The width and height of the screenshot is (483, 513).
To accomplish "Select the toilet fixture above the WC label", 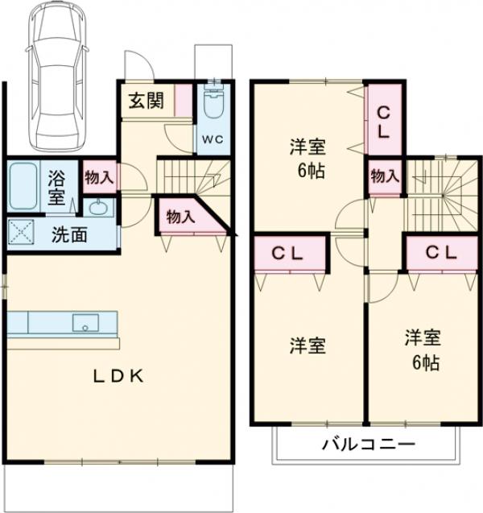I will point(213,105).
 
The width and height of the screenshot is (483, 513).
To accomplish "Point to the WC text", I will point(213,139).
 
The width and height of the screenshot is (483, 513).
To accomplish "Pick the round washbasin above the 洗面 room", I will point(98,208).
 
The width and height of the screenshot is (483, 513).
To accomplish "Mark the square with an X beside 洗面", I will point(23,234).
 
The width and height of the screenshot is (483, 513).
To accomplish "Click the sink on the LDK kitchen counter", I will point(84,323).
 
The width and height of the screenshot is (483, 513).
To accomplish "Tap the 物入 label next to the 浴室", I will point(99,178).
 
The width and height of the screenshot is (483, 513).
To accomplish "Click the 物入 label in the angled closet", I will point(180,216).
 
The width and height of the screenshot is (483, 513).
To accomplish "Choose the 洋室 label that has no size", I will point(308,346).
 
